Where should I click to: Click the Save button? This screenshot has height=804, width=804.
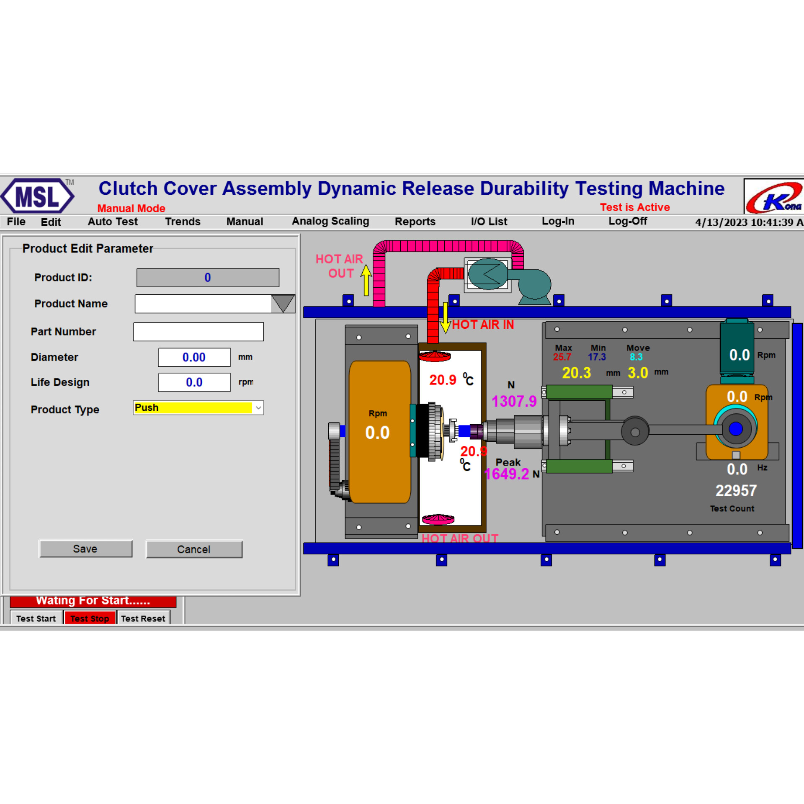pos(86,549)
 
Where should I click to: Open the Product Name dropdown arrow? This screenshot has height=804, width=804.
pos(283,304)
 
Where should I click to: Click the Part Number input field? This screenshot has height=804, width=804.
pos(198,332)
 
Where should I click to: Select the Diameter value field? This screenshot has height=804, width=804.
pos(194,357)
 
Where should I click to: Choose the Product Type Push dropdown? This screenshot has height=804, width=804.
pos(198,407)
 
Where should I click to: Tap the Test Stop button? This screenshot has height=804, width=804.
pos(90,618)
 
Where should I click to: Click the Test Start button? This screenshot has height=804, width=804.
pos(36,618)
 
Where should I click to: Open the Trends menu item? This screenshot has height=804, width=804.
pos(183,222)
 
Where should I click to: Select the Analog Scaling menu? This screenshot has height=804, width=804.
pos(330,221)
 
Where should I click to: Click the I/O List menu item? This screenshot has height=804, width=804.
pos(489,222)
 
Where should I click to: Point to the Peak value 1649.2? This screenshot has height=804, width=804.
pos(507,474)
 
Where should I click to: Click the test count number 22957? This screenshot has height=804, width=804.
pos(736,490)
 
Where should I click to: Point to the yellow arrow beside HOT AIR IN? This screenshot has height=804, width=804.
pos(446,318)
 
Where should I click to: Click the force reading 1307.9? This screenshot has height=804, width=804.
pos(514,401)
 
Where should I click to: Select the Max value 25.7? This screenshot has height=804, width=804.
pos(562,357)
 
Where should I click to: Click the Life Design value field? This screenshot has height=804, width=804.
pos(194,382)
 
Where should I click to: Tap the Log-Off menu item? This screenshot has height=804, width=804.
pos(628,221)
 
